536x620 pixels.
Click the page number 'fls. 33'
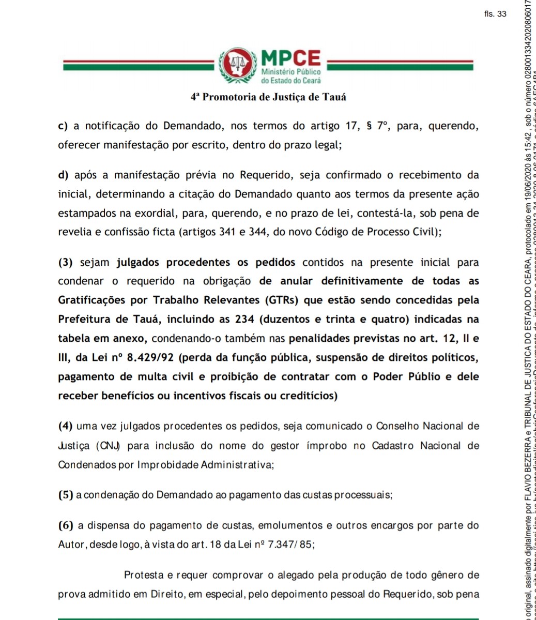click(x=495, y=14)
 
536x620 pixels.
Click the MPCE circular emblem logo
click(x=237, y=65)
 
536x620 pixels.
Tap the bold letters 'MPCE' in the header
click(x=291, y=58)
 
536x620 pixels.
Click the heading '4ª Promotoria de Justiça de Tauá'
click(x=268, y=97)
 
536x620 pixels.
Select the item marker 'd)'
click(x=64, y=175)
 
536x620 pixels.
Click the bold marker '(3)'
click(x=66, y=262)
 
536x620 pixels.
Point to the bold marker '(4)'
click(x=66, y=426)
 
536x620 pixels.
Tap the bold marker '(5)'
click(x=66, y=495)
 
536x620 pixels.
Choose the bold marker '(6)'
click(x=66, y=525)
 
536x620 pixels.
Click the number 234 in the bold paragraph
click(x=244, y=319)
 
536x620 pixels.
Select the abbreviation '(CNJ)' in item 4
click(x=108, y=446)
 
